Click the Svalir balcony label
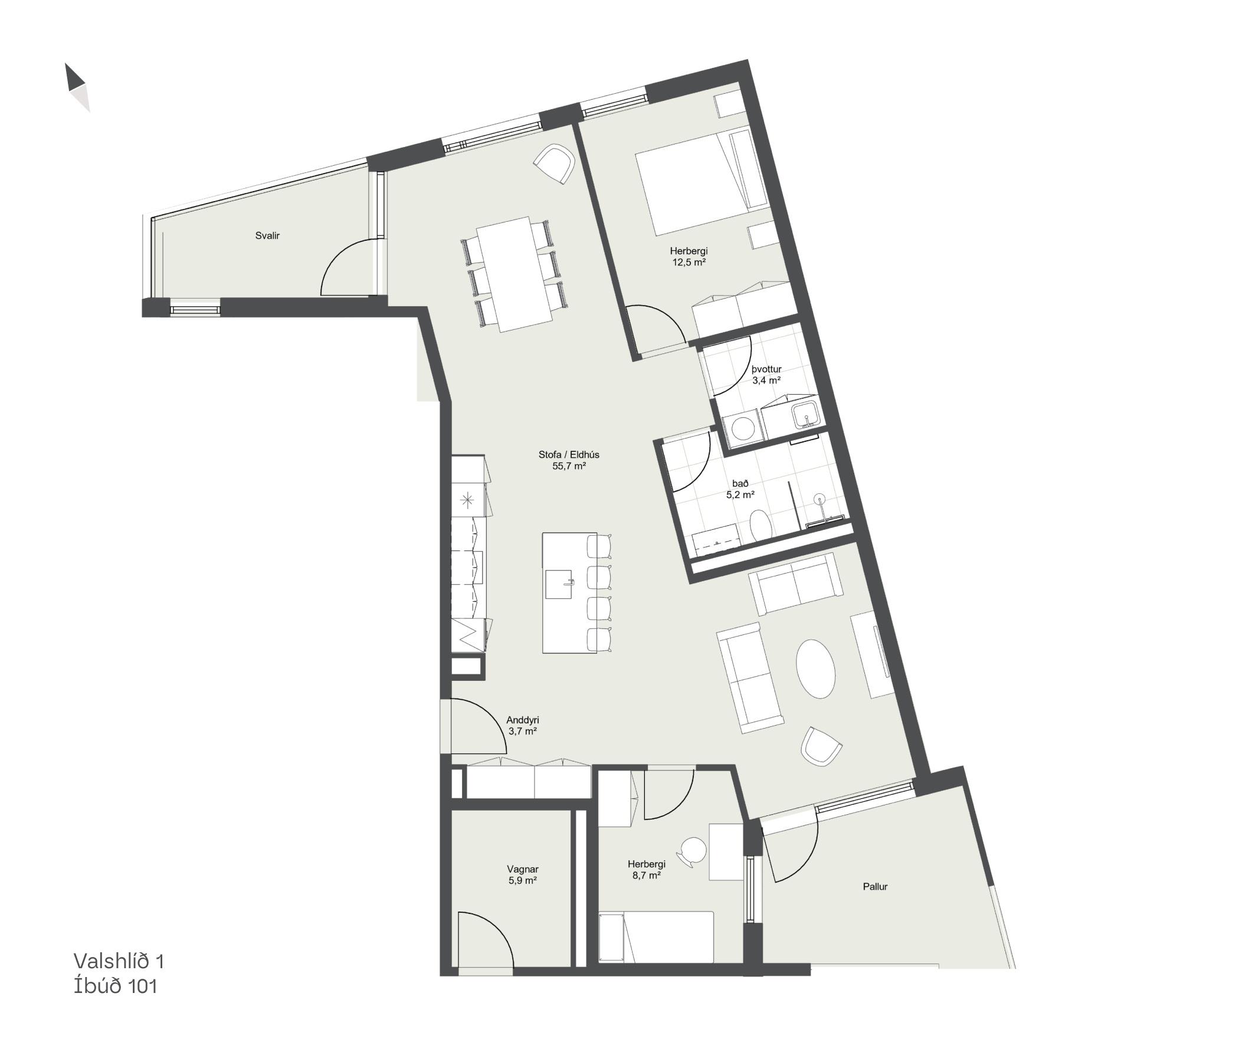pos(267,235)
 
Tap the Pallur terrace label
pos(875,887)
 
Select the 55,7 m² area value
pos(569,466)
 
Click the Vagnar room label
pos(523,870)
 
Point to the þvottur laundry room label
pos(766,369)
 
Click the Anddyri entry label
pos(523,720)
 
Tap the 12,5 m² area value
pos(689,262)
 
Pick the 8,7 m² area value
pos(647,875)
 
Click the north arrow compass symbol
pos(77,87)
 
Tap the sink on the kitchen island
pos(560,584)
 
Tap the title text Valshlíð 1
pos(119,961)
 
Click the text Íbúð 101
pos(116,986)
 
